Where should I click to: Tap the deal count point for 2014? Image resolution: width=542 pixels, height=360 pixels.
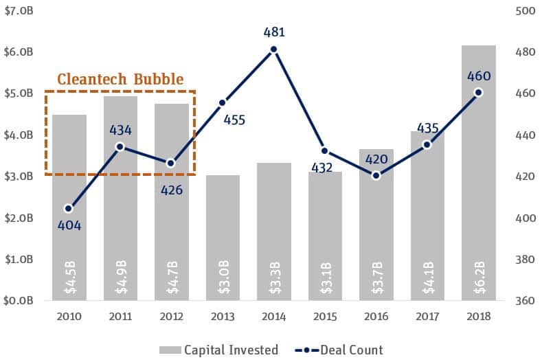pos(273,49)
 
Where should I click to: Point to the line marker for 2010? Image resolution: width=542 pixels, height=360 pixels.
pos(69,208)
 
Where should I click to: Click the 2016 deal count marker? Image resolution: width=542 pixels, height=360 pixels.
pos(376,175)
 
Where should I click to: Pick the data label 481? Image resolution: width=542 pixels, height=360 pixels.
pos(273,32)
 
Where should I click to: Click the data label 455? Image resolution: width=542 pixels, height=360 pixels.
pos(234,120)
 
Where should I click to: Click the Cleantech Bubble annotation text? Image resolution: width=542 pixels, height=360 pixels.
pos(120,80)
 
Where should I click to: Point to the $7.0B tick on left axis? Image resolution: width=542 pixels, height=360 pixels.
pos(18,10)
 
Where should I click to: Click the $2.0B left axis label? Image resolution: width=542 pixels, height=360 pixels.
pos(18,218)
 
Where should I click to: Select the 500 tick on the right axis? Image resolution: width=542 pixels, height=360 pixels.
pos(523,10)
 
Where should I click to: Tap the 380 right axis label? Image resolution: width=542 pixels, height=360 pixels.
pos(523,260)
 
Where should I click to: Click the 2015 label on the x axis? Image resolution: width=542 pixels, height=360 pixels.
pos(324,317)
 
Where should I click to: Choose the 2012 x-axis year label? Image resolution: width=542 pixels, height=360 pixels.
pos(172,317)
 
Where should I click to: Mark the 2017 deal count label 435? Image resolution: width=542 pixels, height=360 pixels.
pos(427,128)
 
